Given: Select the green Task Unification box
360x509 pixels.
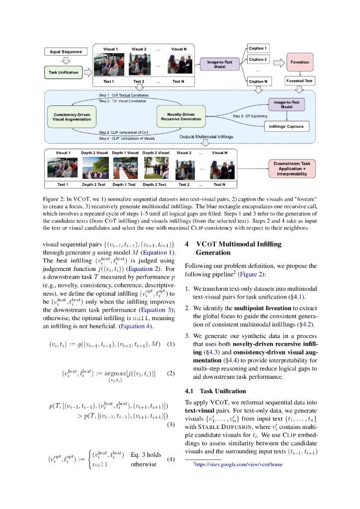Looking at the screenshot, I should [63, 73].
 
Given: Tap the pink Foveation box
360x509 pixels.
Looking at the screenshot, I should [299, 63].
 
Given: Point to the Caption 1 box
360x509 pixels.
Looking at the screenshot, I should [257, 49].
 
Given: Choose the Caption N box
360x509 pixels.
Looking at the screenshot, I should [257, 81].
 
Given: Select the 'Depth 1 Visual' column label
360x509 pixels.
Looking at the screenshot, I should [125, 153].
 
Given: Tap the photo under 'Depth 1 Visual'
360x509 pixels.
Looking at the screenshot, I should [125, 169].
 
